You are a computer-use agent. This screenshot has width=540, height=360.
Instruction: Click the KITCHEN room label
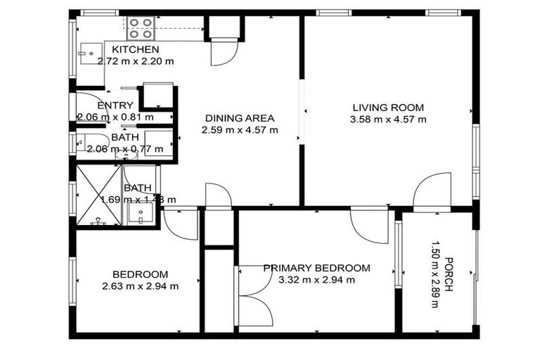[136, 49]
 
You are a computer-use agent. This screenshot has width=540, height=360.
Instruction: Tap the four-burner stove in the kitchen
[141, 28]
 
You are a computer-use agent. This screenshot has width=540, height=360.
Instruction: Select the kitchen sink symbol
[91, 53]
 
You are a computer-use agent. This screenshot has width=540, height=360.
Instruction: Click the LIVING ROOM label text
[388, 108]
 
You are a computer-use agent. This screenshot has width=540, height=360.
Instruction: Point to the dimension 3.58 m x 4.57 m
[388, 120]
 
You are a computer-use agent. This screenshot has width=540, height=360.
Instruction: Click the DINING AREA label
[239, 118]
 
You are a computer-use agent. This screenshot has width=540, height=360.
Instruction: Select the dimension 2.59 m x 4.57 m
[239, 130]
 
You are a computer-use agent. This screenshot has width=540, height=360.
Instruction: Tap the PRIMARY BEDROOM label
[316, 268]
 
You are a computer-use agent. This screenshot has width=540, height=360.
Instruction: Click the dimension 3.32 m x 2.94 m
[316, 280]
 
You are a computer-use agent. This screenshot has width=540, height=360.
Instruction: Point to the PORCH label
[447, 275]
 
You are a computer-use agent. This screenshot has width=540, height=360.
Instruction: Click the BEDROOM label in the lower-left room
[140, 274]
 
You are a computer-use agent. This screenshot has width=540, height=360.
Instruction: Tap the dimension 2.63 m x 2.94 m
[140, 286]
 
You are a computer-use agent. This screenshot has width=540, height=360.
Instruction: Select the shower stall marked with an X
[98, 195]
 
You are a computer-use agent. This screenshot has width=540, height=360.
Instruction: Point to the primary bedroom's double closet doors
[255, 295]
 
